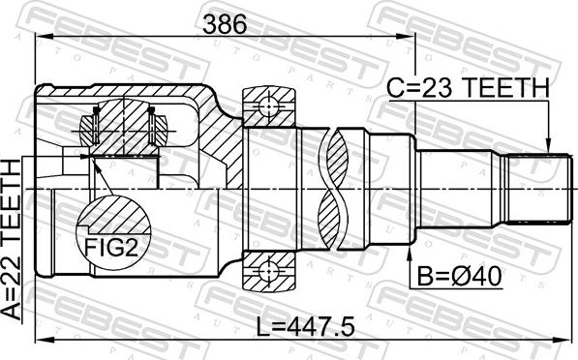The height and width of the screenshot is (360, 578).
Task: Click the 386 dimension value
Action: point(224,25)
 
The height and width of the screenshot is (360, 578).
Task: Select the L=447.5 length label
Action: point(306,327)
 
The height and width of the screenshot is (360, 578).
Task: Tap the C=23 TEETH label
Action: point(469,88)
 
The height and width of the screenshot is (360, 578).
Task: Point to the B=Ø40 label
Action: point(459,277)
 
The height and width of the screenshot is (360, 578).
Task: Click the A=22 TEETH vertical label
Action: point(11,240)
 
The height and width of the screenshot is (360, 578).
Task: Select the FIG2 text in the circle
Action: point(111,247)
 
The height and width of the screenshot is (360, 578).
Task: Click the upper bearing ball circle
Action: point(269,107)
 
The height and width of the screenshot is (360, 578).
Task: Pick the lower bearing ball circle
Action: point(269,271)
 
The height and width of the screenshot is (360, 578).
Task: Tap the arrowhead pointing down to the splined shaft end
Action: point(548,146)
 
